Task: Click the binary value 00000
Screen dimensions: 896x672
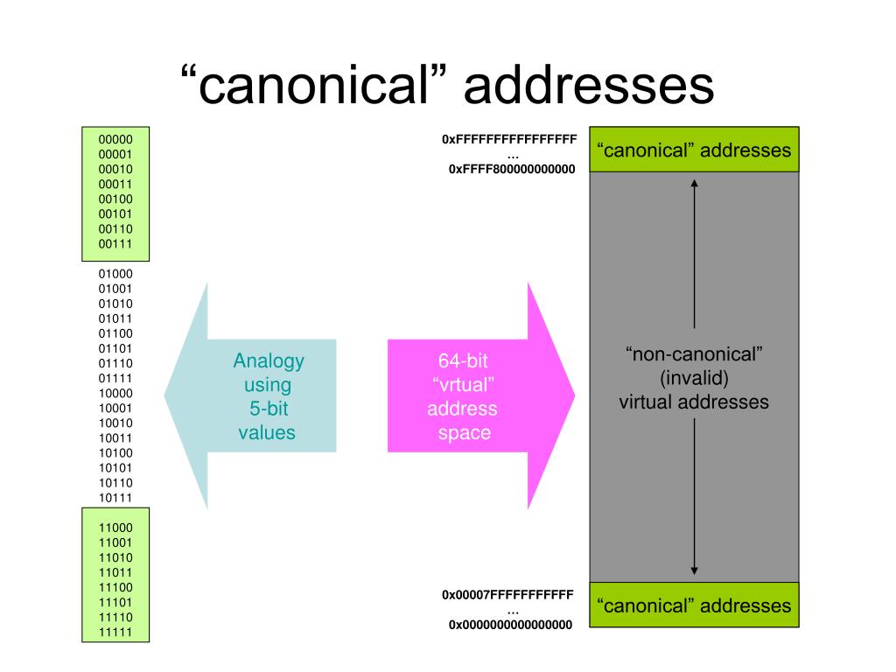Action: click(x=115, y=139)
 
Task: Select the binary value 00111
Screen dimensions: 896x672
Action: click(x=115, y=244)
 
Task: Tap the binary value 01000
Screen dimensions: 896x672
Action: click(x=115, y=274)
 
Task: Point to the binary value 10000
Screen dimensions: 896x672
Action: click(x=115, y=393)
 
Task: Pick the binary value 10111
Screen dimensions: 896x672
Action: click(x=115, y=498)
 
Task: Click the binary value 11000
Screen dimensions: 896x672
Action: click(x=115, y=528)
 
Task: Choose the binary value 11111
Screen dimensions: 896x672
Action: click(x=115, y=632)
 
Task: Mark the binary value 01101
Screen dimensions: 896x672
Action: click(x=115, y=348)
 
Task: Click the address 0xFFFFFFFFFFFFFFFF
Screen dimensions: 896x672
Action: click(x=509, y=139)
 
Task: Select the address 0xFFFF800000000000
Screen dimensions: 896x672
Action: click(x=512, y=169)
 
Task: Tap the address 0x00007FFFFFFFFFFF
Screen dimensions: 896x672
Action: click(x=507, y=595)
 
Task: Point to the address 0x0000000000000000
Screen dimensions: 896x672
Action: click(x=510, y=625)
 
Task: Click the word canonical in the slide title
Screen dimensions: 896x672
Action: click(x=313, y=85)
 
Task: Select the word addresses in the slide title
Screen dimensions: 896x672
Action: click(x=589, y=85)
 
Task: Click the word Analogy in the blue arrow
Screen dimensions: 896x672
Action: click(x=269, y=361)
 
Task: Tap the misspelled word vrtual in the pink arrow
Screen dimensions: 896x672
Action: click(x=464, y=385)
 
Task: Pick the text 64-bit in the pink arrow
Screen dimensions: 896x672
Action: click(x=463, y=360)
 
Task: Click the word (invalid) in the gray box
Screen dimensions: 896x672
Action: click(x=694, y=378)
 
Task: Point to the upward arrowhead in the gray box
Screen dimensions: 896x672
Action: click(x=694, y=183)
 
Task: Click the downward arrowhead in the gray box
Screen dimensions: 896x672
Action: click(x=694, y=570)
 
